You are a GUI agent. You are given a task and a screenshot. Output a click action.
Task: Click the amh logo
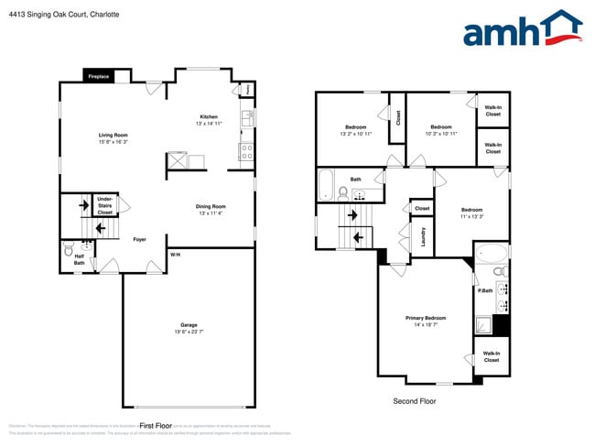(x=522, y=29)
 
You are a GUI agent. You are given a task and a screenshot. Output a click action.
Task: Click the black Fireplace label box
(x=99, y=77)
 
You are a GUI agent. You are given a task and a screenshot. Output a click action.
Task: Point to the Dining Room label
(x=211, y=206)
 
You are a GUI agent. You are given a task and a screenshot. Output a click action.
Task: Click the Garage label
(x=189, y=325)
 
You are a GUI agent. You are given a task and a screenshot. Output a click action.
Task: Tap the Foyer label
(x=139, y=239)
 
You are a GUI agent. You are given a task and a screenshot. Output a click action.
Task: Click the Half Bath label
(x=80, y=259)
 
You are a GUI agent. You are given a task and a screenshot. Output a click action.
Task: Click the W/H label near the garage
(x=175, y=254)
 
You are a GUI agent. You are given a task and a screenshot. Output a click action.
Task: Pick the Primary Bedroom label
(x=426, y=318)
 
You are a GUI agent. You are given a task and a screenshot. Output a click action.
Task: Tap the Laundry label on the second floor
(x=424, y=237)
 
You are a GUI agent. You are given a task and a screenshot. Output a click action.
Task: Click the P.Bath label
(x=484, y=290)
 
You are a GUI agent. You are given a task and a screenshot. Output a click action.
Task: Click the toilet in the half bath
(x=70, y=247)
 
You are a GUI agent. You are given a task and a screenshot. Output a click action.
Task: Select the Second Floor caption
(x=415, y=401)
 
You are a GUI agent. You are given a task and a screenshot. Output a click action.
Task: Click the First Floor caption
(x=157, y=426)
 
